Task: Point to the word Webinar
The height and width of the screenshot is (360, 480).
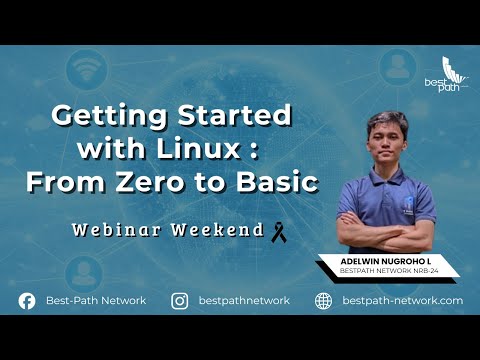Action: click(119, 230)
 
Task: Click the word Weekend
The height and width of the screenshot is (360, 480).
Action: click(218, 230)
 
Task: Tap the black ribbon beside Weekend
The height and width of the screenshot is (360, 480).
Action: click(279, 232)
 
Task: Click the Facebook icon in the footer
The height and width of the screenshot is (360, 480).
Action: click(27, 300)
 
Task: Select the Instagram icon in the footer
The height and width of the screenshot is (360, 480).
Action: click(180, 300)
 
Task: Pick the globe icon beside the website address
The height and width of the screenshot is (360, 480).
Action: click(323, 300)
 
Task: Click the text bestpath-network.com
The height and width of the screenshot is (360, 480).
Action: click(402, 300)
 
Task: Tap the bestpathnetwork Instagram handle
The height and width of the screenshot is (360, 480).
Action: click(244, 300)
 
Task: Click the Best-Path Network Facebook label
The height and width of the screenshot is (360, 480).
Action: click(96, 300)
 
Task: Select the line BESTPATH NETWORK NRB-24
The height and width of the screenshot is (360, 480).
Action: click(388, 271)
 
